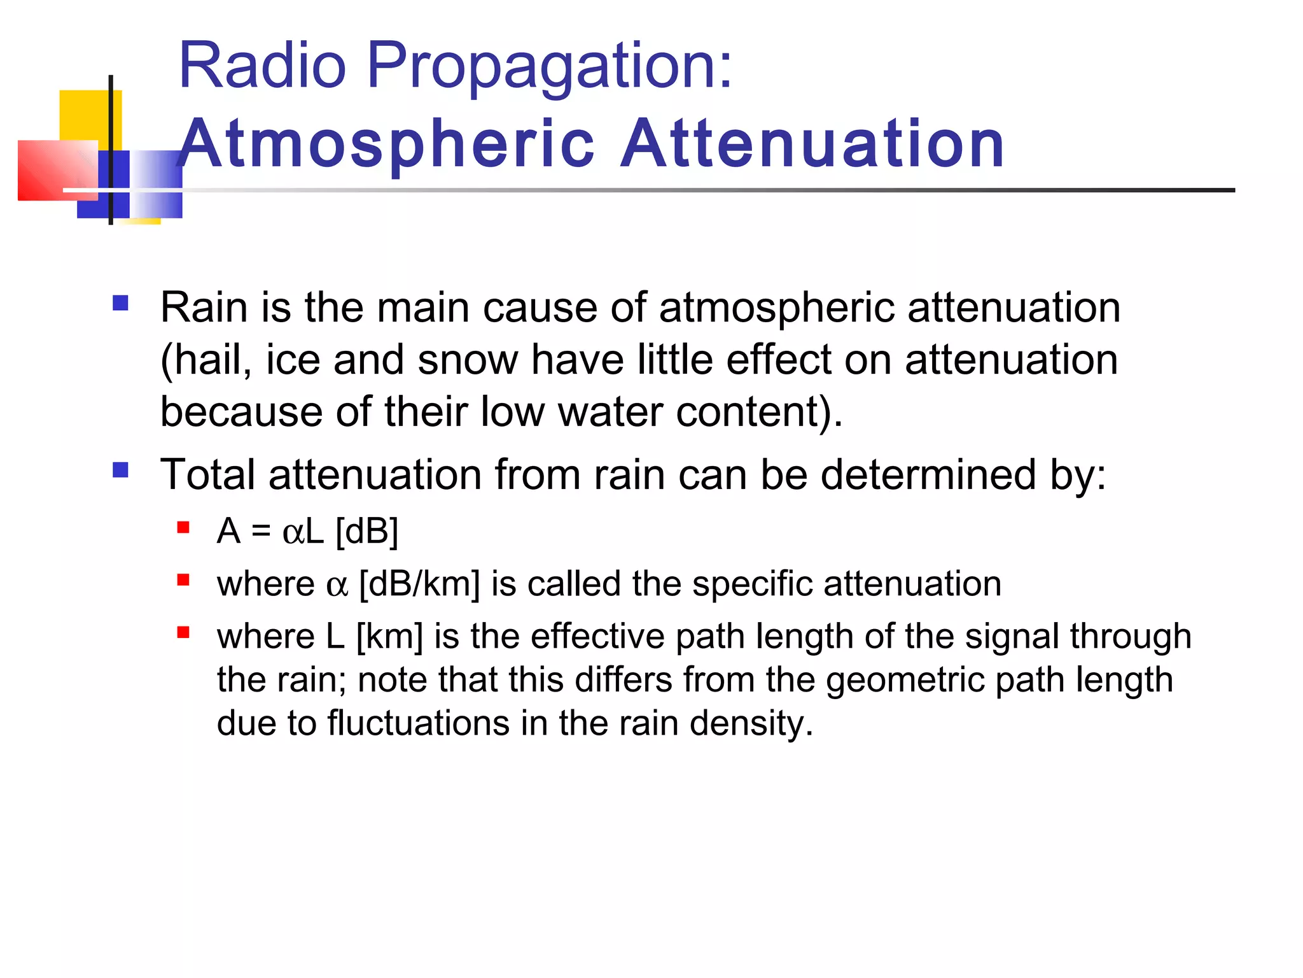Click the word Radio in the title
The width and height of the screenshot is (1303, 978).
pos(262,66)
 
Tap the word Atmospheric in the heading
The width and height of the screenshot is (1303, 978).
pos(387,145)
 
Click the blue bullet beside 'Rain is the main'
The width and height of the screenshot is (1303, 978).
pos(120,302)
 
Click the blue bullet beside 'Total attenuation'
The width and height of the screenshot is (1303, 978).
pos(120,471)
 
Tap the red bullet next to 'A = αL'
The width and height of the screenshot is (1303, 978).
pos(184,527)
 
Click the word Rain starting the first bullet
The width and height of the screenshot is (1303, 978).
pos(204,308)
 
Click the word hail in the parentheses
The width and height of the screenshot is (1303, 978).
pos(208,360)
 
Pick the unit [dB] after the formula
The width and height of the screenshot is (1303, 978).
pos(366,532)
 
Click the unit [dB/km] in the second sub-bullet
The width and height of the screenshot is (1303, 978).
pos(419,584)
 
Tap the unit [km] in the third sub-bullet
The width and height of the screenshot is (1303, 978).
pos(389,637)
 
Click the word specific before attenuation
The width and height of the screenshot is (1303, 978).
pos(752,585)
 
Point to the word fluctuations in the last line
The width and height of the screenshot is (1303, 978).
pos(418,723)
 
